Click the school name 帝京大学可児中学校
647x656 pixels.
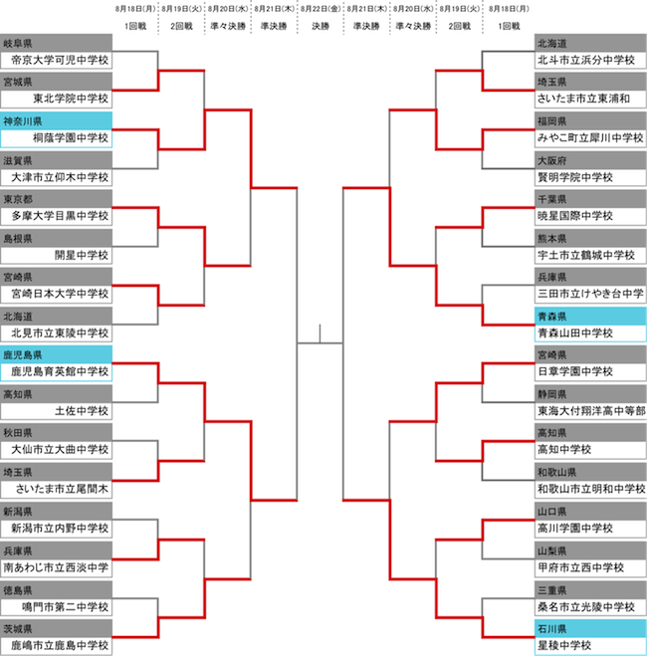[x=60, y=60]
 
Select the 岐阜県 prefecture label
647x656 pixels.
[x=18, y=43]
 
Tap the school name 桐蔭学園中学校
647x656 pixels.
[x=71, y=138]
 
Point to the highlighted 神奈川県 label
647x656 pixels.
[x=23, y=121]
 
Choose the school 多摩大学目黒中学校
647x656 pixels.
[x=60, y=216]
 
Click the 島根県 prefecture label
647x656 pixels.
[x=18, y=239]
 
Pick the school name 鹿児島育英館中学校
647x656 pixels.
[x=60, y=371]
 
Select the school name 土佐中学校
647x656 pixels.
[x=82, y=411]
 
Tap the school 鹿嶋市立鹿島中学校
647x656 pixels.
[x=60, y=645]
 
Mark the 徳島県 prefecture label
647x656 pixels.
[x=18, y=590]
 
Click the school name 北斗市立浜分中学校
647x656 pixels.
[x=586, y=60]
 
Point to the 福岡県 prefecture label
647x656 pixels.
[x=552, y=121]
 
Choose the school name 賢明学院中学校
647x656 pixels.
[x=575, y=177]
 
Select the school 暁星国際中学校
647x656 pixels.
[x=575, y=216]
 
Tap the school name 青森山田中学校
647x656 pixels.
[x=575, y=333]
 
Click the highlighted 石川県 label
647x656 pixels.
[x=552, y=629]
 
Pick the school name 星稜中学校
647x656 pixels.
[x=564, y=645]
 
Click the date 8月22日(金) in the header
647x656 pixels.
[x=321, y=9]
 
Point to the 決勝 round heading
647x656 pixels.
[x=321, y=26]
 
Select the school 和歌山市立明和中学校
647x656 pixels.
[x=591, y=489]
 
